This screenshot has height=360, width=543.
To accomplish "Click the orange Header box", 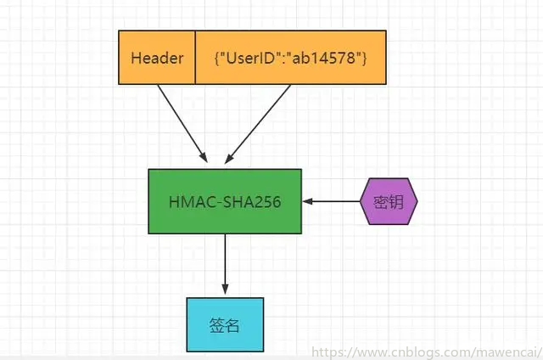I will pyautogui.click(x=157, y=58).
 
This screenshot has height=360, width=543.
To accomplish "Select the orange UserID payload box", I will pyautogui.click(x=291, y=58).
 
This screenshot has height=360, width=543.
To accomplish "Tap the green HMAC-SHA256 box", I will pyautogui.click(x=225, y=201).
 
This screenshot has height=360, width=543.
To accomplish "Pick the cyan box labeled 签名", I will pyautogui.click(x=225, y=324).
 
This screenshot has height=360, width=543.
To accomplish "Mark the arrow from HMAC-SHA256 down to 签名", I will pyautogui.click(x=225, y=264).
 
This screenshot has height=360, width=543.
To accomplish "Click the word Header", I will pyautogui.click(x=157, y=59).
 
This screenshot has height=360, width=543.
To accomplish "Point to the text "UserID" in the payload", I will pyautogui.click(x=251, y=59).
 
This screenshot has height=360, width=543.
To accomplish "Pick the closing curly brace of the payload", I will pyautogui.click(x=363, y=59).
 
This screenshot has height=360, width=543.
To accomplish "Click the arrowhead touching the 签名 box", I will pyautogui.click(x=225, y=291).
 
